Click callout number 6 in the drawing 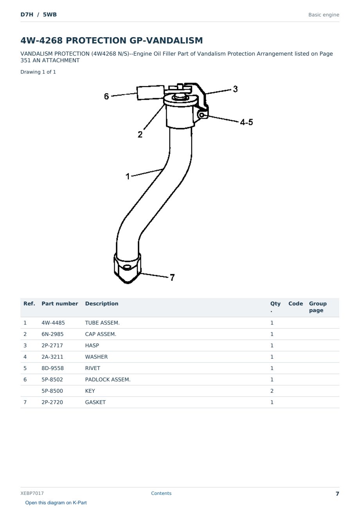click(x=106, y=96)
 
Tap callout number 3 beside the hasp click(x=235, y=89)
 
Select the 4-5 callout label click(x=247, y=122)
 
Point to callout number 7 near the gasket click(x=173, y=277)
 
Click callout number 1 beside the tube click(x=128, y=176)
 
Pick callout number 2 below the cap click(x=140, y=134)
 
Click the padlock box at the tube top click(x=150, y=92)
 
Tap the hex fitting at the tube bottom click(x=128, y=268)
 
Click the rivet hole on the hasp click(x=202, y=115)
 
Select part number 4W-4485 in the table click(x=53, y=323)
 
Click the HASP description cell click(x=92, y=345)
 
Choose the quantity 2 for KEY click(x=272, y=391)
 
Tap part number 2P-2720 click(x=52, y=402)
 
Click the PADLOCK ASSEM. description click(x=108, y=379)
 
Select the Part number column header click(x=60, y=303)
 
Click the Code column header click(x=295, y=303)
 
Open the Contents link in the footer click(x=161, y=493)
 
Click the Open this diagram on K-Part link click(x=56, y=503)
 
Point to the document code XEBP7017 click(x=32, y=493)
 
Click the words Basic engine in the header click(x=324, y=15)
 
